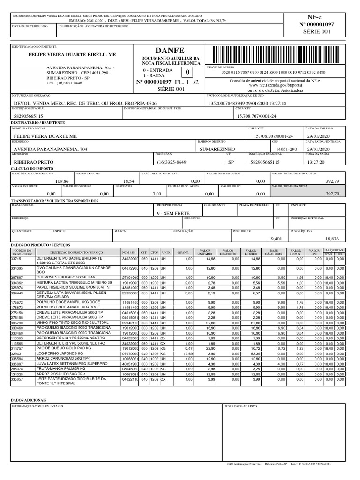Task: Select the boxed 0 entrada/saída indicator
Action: [188, 73]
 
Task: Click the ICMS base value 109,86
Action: [62, 180]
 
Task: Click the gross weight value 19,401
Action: [275, 239]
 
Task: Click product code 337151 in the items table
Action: [17, 259]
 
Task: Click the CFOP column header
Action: [154, 252]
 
